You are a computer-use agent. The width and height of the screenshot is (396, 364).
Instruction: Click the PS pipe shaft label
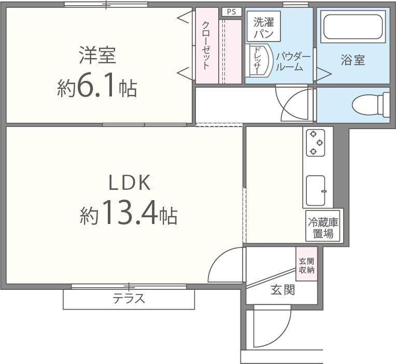tap(232, 12)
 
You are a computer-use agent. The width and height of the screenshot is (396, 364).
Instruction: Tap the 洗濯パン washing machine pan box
tap(264, 26)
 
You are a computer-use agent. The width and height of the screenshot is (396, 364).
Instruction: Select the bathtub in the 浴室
tap(353, 27)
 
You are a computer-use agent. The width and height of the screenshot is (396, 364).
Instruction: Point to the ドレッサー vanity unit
tap(259, 61)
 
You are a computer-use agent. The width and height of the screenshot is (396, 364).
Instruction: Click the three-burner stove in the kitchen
tap(316, 143)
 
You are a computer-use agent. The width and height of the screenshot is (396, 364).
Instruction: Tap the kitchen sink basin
tap(316, 191)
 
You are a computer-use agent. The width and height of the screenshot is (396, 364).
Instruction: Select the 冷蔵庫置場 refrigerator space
tap(323, 226)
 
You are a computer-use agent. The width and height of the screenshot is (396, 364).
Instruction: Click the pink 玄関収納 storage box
tap(307, 263)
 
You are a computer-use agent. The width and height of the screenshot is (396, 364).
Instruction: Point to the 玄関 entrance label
tap(282, 290)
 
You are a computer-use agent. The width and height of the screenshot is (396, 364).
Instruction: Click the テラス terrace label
tap(129, 299)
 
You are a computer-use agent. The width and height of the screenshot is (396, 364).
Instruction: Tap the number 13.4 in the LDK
tap(130, 213)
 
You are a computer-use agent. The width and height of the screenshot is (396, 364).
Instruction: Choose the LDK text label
tap(130, 183)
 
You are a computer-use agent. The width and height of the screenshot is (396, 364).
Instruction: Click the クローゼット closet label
tap(206, 46)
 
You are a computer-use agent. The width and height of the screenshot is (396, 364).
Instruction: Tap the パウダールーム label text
tap(293, 62)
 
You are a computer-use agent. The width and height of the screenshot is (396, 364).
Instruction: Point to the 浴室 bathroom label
tap(353, 60)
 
